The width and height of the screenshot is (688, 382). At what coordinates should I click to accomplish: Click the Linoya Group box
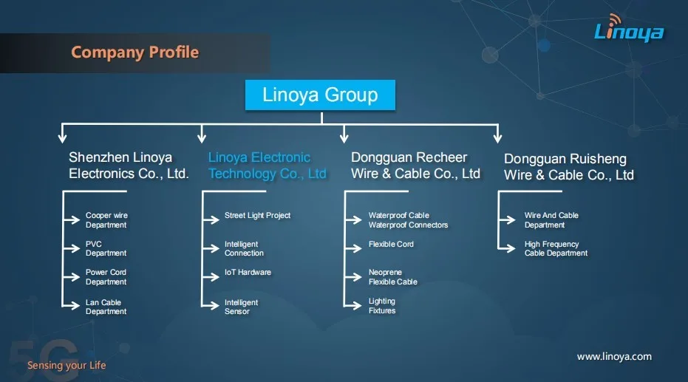point(320,95)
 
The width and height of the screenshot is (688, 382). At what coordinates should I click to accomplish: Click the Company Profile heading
point(134,52)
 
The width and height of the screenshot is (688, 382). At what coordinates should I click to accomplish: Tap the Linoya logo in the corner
point(629,30)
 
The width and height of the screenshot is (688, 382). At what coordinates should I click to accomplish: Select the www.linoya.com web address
point(614,357)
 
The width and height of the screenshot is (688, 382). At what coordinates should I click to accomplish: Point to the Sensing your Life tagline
point(67,365)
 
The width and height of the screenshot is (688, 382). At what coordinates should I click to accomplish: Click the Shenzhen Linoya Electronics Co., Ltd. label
point(129,166)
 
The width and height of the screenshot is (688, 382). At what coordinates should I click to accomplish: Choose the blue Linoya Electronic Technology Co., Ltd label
point(267,166)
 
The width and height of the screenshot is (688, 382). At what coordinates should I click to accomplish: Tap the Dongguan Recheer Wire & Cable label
point(415,166)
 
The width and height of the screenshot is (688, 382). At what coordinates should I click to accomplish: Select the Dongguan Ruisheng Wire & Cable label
point(568,168)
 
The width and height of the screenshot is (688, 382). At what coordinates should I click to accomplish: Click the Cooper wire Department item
point(106,220)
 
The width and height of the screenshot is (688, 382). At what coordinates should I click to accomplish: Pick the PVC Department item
point(106,249)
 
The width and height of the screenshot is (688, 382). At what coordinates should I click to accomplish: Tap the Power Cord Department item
point(106,277)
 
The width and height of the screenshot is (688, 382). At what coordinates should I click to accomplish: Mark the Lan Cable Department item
point(106,307)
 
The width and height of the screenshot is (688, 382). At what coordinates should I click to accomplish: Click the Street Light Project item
point(257,216)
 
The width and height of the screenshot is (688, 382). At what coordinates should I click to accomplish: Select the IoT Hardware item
point(248,273)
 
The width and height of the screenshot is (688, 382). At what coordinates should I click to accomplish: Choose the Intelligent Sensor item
point(241,307)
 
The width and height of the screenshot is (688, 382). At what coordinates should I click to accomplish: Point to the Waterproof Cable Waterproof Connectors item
point(408,220)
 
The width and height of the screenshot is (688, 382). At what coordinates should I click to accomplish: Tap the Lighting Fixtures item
point(382,306)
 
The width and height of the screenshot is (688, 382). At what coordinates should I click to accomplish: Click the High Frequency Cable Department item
point(556,249)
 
